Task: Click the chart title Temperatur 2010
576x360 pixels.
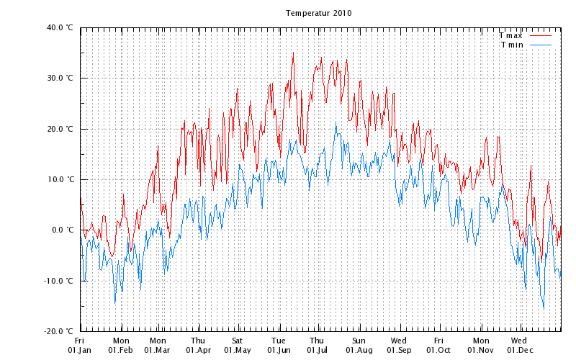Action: click(318, 13)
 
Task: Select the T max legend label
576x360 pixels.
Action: click(510, 35)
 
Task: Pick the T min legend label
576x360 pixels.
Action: click(512, 45)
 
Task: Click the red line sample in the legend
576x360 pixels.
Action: click(540, 35)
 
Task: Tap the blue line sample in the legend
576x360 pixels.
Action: click(540, 45)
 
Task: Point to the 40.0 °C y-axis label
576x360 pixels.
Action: click(60, 27)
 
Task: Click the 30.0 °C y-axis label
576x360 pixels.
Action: click(60, 78)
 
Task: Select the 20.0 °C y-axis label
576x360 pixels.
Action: click(60, 129)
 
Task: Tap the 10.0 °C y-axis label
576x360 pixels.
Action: click(60, 179)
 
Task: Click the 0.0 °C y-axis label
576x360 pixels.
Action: click(62, 230)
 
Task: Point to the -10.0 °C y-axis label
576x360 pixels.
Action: click(58, 281)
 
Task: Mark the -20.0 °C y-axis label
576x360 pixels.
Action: click(58, 331)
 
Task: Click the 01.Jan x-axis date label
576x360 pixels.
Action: click(80, 350)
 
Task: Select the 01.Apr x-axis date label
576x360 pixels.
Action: click(199, 350)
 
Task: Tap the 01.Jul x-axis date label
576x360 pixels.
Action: click(318, 350)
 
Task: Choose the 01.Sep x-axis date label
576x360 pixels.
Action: click(399, 350)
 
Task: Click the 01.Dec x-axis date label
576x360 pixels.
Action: click(520, 350)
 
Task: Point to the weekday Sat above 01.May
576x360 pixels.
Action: click(238, 341)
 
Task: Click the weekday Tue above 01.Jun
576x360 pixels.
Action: click(279, 341)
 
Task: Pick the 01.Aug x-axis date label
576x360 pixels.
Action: click(359, 350)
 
